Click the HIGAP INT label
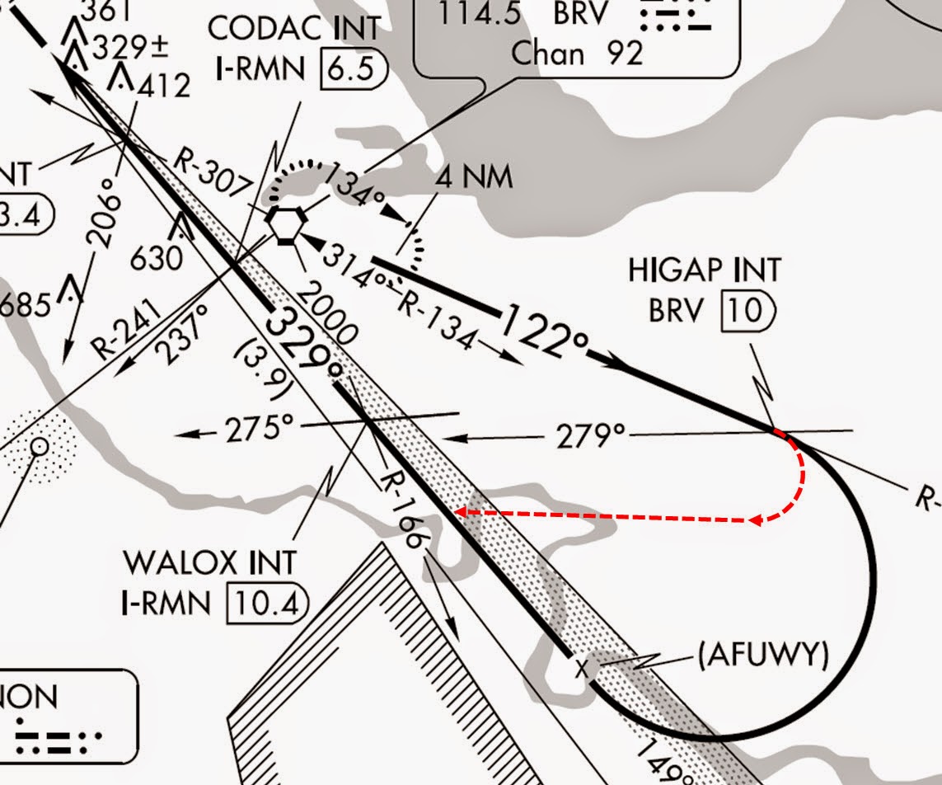pyautogui.click(x=704, y=270)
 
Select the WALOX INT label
pyautogui.click(x=209, y=563)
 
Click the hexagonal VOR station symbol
pyautogui.click(x=287, y=223)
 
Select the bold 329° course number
pyautogui.click(x=302, y=341)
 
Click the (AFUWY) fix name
pyautogui.click(x=762, y=655)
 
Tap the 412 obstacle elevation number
pyautogui.click(x=164, y=85)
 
